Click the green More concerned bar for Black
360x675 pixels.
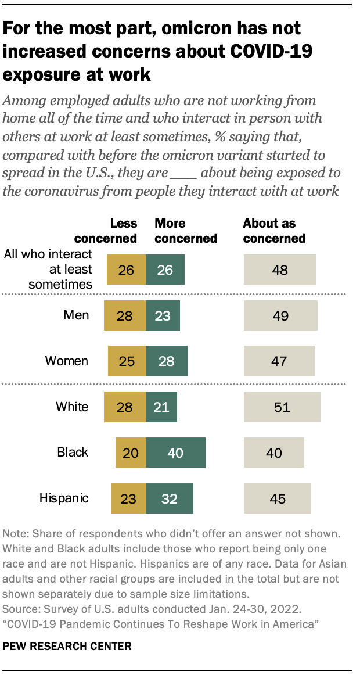[x=176, y=453]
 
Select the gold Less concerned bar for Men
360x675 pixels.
[x=125, y=315]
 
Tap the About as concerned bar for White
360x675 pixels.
[x=282, y=407]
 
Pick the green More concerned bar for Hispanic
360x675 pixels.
[x=170, y=498]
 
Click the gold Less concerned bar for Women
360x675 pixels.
[x=127, y=361]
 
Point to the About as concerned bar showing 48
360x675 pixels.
[x=279, y=270]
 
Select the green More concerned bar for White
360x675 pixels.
[x=161, y=407]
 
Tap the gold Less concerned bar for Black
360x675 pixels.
[x=131, y=453]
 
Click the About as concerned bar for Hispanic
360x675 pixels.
[x=278, y=498]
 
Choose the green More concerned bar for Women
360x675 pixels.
[x=167, y=361]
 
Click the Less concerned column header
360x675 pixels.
[x=114, y=231]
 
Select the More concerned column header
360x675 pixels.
[x=185, y=231]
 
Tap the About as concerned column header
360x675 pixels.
[x=274, y=231]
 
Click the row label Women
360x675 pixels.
[x=67, y=361]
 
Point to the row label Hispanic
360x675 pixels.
[x=64, y=498]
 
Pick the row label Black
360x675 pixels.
[x=73, y=453]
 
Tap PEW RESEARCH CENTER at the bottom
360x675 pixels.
[x=67, y=646]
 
